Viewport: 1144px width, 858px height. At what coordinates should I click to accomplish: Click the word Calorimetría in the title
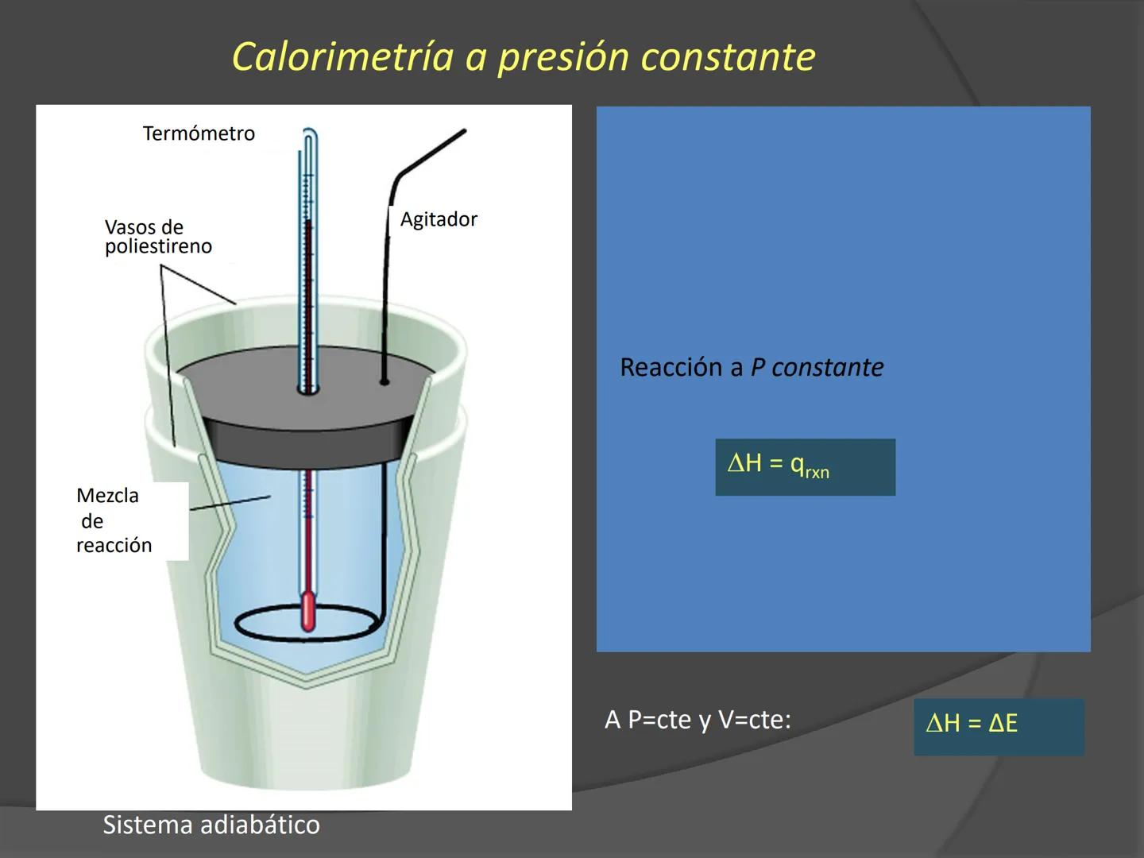[342, 56]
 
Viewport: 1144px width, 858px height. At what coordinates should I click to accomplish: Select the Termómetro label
[199, 133]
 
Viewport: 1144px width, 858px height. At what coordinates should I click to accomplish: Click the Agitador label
[439, 219]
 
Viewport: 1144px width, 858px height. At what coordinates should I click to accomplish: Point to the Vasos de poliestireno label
[158, 237]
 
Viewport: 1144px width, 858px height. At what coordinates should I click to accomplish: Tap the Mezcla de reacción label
[114, 520]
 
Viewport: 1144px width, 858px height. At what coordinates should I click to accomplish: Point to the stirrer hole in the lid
[384, 382]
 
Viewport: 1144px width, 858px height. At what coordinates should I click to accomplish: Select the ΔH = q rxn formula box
[805, 467]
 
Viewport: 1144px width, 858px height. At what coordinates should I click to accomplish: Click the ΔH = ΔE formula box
[998, 726]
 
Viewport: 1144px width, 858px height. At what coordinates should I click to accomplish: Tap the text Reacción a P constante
[751, 367]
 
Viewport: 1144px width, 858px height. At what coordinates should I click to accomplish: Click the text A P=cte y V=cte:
[698, 720]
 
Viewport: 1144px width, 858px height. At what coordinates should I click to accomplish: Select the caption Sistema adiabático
[211, 825]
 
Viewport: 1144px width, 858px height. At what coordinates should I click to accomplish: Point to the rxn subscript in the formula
[817, 473]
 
